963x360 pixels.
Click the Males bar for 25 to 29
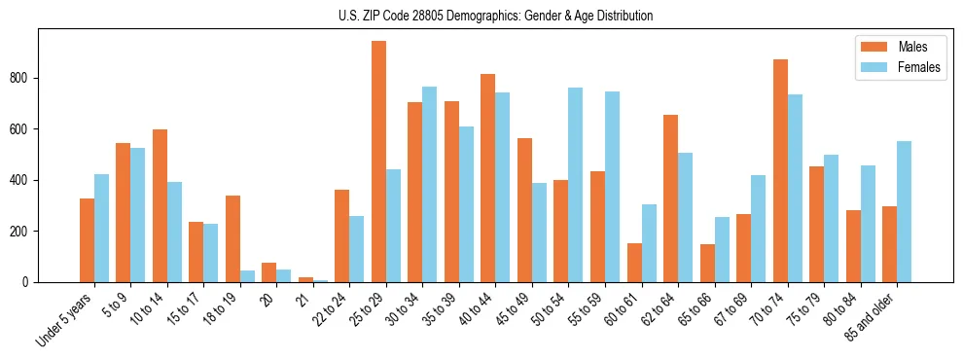tap(378, 162)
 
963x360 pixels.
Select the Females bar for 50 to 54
tap(575, 185)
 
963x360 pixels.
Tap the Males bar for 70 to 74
tap(780, 170)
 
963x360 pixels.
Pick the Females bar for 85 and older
tap(904, 211)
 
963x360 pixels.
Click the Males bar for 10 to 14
tap(160, 205)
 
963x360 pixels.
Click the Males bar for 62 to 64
tap(670, 198)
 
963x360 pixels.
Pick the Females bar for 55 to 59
tap(612, 187)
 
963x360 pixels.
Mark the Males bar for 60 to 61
tap(634, 263)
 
